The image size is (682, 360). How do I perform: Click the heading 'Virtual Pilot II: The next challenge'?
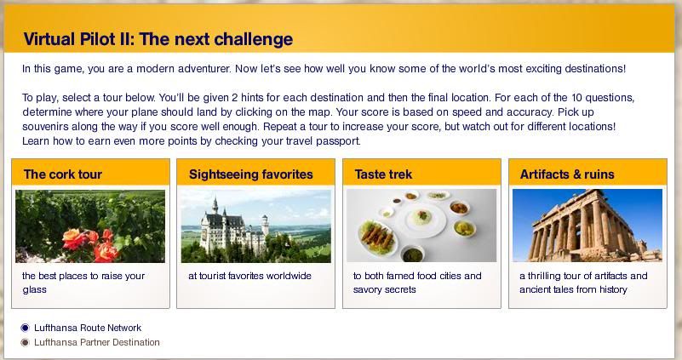[x=158, y=39]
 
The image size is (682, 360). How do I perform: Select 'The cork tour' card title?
[x=63, y=174]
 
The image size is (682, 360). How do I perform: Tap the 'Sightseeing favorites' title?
[x=251, y=174]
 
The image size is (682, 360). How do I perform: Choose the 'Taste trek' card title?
[x=383, y=174]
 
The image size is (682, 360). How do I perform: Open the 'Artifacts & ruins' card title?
[x=567, y=174]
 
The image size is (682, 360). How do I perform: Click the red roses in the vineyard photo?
[x=90, y=244]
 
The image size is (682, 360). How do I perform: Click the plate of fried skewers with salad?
[x=377, y=237]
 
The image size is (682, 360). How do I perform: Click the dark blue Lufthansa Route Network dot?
[x=26, y=328]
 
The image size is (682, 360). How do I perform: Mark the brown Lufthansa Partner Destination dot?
[x=26, y=343]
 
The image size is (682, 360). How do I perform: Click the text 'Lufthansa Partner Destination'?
[x=96, y=343]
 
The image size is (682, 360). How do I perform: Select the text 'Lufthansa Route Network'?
[x=88, y=328]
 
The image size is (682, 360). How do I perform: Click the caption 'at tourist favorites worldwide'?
[x=249, y=276]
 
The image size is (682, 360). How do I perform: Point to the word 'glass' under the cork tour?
[x=34, y=290]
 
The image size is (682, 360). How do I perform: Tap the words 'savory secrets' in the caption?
[x=385, y=289]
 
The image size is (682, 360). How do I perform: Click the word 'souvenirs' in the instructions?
[x=43, y=127]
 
